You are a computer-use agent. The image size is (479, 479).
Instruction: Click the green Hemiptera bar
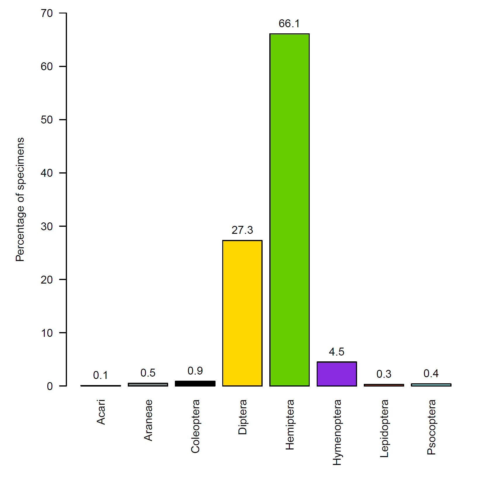click(289, 210)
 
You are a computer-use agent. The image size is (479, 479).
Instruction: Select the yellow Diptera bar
click(242, 313)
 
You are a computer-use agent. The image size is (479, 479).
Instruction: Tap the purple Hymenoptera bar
click(337, 374)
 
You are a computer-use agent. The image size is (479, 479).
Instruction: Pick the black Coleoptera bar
click(195, 384)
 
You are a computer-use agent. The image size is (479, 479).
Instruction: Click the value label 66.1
click(289, 24)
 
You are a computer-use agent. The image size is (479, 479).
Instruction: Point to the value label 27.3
click(242, 230)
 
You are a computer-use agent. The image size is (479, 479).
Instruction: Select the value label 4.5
click(337, 352)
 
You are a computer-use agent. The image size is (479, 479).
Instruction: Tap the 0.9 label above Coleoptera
click(195, 371)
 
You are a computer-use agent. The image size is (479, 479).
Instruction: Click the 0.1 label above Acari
click(101, 375)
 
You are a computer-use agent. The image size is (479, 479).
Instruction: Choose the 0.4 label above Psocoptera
click(431, 374)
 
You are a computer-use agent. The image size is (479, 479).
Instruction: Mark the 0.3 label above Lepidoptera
click(384, 374)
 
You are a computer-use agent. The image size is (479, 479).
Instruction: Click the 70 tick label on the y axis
click(47, 13)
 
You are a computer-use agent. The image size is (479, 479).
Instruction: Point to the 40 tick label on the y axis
click(47, 173)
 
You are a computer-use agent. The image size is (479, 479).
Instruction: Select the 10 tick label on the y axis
click(47, 333)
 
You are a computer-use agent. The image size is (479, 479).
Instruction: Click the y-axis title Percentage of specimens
click(20, 199)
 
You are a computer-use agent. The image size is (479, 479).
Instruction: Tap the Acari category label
click(101, 412)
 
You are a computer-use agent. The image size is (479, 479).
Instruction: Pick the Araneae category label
click(148, 420)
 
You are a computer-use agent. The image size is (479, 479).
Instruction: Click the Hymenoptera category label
click(337, 432)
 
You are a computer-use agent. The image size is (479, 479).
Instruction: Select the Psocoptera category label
click(431, 427)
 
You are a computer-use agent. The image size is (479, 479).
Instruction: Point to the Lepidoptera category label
click(384, 428)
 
